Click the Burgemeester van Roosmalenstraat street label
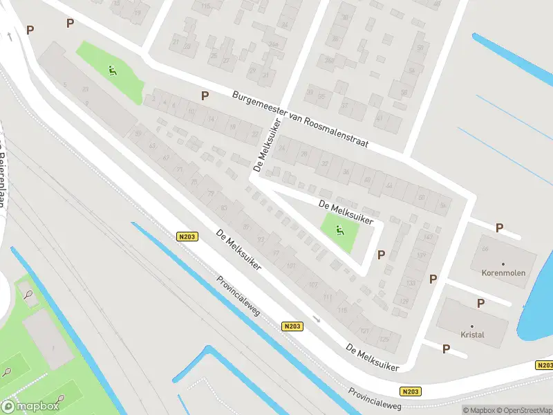tap(300, 119)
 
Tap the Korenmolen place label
tap(503, 273)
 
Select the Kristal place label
tap(473, 335)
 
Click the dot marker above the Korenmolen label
tap(503, 264)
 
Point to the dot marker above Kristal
tap(473, 326)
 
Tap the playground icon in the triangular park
tap(339, 230)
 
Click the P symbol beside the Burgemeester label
tap(205, 95)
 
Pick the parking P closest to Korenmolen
tap(499, 228)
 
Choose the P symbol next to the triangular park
tap(381, 255)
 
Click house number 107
tap(312, 285)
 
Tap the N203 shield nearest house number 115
tap(292, 326)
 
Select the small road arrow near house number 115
tap(316, 319)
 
